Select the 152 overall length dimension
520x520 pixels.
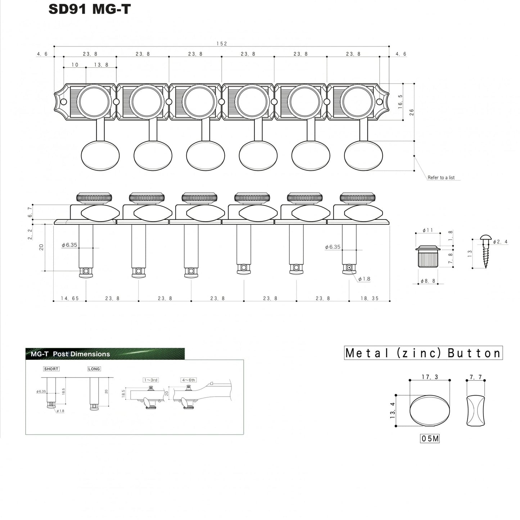(222, 44)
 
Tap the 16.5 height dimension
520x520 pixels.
(401, 102)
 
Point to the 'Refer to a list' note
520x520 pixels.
(441, 177)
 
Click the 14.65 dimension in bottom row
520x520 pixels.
(70, 298)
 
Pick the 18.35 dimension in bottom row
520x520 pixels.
(370, 298)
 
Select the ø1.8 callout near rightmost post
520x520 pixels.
(364, 279)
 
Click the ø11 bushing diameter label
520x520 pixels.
(428, 230)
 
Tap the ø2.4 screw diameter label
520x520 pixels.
(500, 242)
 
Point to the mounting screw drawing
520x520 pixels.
(484, 252)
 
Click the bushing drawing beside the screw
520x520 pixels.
(428, 256)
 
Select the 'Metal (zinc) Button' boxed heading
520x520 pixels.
(423, 353)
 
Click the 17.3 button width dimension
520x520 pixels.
(430, 377)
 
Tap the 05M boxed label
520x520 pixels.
(430, 439)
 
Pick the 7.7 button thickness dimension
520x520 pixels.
(476, 377)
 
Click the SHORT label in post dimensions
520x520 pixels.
(51, 369)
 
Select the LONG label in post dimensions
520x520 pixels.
(94, 369)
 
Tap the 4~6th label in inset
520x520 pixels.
(188, 380)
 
